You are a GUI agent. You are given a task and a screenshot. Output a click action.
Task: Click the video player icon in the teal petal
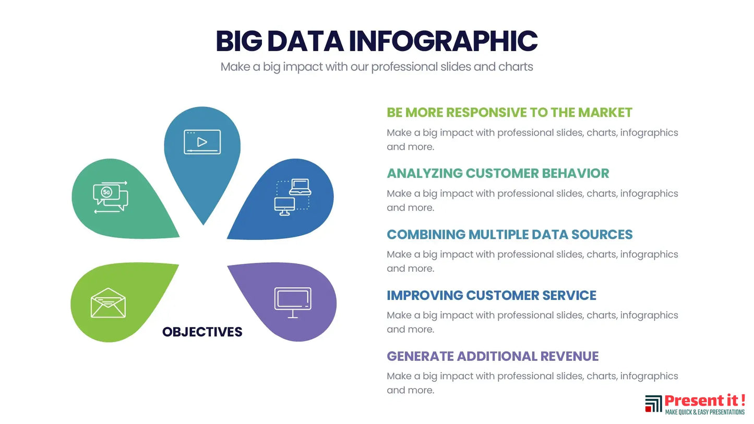[x=202, y=142]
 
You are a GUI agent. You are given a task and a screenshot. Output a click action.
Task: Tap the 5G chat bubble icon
[x=111, y=197]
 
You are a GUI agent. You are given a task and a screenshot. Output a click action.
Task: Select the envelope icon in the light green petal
[x=108, y=303]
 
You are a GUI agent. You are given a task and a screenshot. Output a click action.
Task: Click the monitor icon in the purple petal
[x=293, y=302]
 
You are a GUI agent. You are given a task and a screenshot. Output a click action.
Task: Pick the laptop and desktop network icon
[x=293, y=197]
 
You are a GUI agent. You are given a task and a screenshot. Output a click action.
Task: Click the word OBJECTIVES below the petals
[x=202, y=332]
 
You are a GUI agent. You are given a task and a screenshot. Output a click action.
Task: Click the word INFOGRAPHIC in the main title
[x=443, y=41]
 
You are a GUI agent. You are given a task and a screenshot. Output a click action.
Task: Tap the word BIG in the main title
[x=238, y=41]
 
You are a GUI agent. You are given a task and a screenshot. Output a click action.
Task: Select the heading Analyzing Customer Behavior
[x=498, y=173]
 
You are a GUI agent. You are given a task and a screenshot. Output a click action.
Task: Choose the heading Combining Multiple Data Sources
[x=510, y=235]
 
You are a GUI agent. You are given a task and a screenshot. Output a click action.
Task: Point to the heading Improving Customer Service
[x=492, y=296]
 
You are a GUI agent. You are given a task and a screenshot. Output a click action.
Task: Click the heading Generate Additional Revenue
[x=493, y=356]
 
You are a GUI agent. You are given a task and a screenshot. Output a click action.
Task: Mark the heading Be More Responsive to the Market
[x=509, y=113]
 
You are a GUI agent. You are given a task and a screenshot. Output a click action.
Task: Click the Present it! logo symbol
[x=653, y=404]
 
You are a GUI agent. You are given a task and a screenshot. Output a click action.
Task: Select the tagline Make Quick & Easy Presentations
[x=705, y=412]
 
